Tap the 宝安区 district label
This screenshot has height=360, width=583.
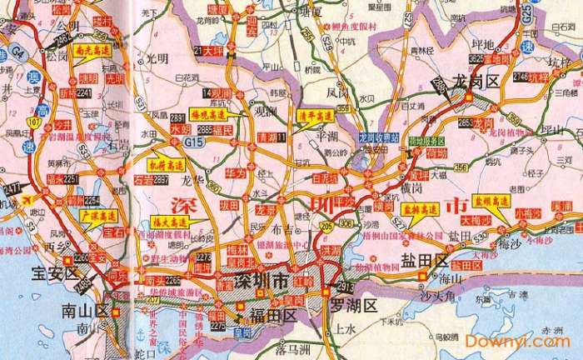pyautogui.click(x=54, y=272)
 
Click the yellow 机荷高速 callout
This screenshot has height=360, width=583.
pyautogui.click(x=166, y=166)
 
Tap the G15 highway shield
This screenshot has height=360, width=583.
pyautogui.click(x=196, y=142)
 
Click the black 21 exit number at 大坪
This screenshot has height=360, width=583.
pyautogui.click(x=199, y=51)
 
